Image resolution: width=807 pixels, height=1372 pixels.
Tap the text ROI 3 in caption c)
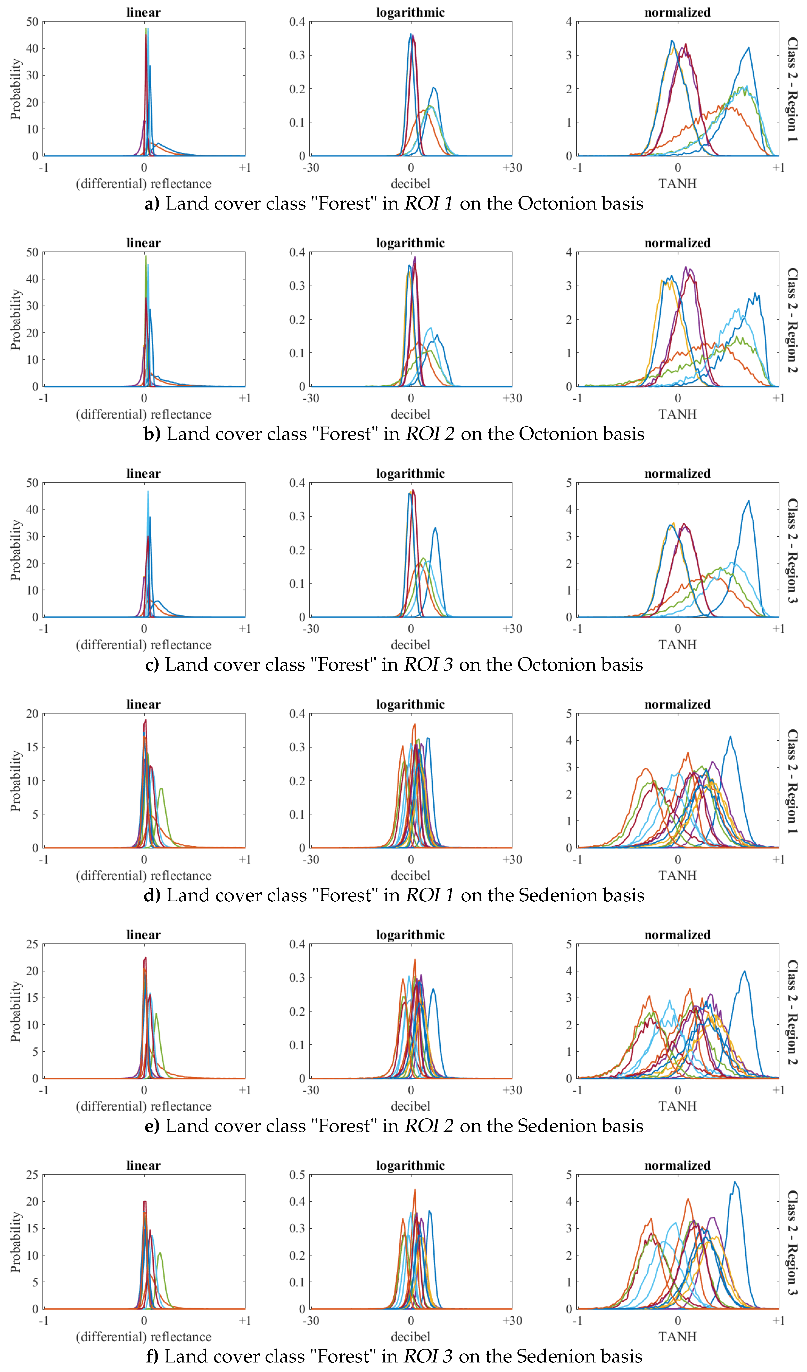429,665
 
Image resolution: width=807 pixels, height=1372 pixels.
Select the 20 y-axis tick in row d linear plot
32,714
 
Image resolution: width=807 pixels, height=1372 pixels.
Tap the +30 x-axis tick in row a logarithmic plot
512,168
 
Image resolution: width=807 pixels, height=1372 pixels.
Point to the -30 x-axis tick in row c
310,629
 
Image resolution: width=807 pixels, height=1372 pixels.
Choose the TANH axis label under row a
677,184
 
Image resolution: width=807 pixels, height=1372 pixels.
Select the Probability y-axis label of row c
16,550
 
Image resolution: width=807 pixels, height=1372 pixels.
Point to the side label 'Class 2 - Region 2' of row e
792,1013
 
